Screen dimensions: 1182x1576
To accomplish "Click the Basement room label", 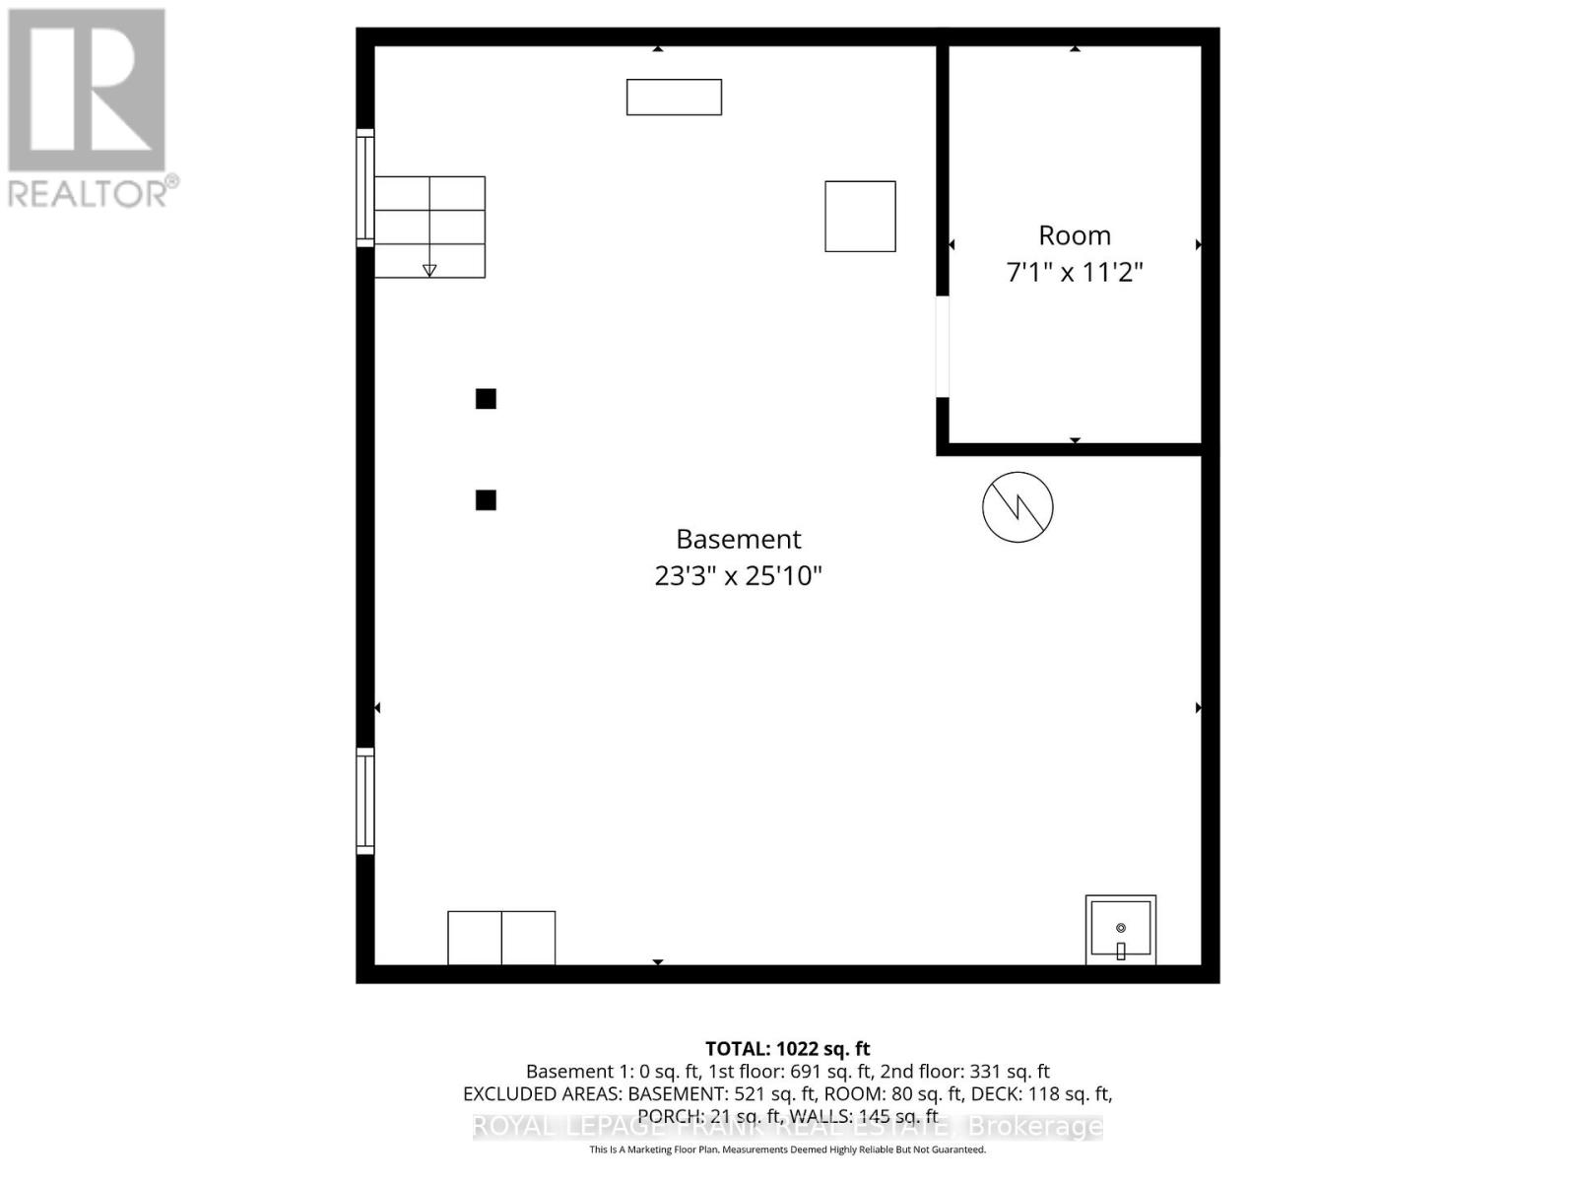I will pyautogui.click(x=738, y=539).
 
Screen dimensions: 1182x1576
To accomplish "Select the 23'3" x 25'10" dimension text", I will pyautogui.click(x=738, y=575).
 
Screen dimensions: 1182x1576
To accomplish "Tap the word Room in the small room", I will pyautogui.click(x=1074, y=235).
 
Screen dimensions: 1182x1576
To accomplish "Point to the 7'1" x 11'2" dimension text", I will pyautogui.click(x=1074, y=272).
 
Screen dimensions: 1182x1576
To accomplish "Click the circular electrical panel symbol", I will pyautogui.click(x=1018, y=507).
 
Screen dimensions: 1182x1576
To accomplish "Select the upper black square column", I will pyautogui.click(x=486, y=399).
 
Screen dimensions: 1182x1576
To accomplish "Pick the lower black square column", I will pyautogui.click(x=486, y=500).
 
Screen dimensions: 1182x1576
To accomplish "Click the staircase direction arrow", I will pyautogui.click(x=429, y=270).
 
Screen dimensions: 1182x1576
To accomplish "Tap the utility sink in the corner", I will pyautogui.click(x=1120, y=929).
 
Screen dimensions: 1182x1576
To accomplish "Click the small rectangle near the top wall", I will pyautogui.click(x=674, y=98).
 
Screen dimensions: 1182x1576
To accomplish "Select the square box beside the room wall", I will pyautogui.click(x=860, y=217).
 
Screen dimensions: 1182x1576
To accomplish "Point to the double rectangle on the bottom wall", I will pyautogui.click(x=501, y=938).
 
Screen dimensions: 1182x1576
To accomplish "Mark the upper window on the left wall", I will pyautogui.click(x=364, y=187).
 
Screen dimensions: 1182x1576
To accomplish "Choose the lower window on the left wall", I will pyautogui.click(x=364, y=801).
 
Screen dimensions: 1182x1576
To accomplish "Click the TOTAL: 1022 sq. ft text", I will pyautogui.click(x=787, y=1049).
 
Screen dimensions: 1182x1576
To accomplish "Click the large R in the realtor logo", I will pyautogui.click(x=87, y=90).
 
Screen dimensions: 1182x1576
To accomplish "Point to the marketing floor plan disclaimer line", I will pyautogui.click(x=787, y=1149).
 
